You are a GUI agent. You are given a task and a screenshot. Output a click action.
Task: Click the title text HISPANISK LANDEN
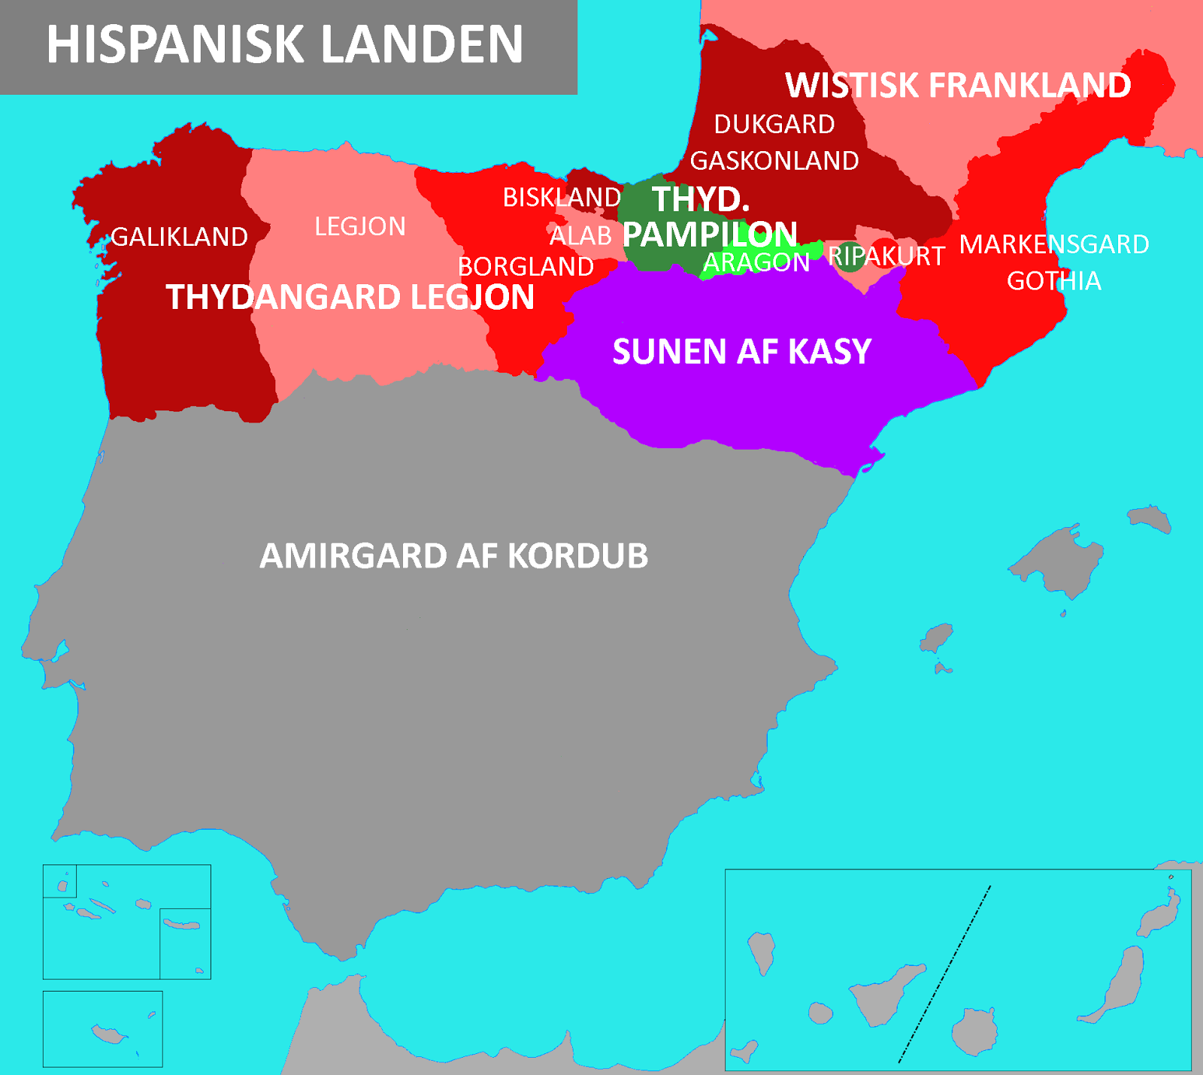[284, 45]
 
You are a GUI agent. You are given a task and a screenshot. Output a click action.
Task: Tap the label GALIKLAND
[179, 238]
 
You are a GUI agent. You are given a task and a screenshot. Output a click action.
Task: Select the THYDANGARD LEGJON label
[350, 298]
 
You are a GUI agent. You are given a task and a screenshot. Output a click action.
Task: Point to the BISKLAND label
[562, 198]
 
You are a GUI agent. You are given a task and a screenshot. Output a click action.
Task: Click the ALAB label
[580, 236]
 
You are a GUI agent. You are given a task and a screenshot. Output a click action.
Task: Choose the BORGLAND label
[526, 267]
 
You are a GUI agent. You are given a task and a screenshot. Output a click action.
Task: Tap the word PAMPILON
[710, 235]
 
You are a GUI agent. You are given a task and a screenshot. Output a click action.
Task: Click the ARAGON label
[756, 262]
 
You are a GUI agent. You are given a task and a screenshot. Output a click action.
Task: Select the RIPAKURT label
[886, 256]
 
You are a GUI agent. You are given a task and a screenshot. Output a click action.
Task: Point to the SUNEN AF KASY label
[741, 352]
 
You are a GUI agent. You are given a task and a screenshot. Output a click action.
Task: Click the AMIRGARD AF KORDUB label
[453, 556]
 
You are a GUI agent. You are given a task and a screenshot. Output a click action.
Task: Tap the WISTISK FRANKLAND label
[957, 86]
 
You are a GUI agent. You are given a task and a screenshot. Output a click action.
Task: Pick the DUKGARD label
[774, 125]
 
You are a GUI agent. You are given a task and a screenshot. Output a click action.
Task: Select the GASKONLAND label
[774, 161]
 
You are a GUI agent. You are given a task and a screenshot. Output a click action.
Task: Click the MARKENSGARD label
[1053, 245]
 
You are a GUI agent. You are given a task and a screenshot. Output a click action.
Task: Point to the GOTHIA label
[1053, 281]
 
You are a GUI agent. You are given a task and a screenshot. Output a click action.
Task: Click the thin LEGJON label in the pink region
[359, 227]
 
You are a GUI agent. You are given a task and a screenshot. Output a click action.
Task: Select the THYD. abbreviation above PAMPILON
[700, 200]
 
